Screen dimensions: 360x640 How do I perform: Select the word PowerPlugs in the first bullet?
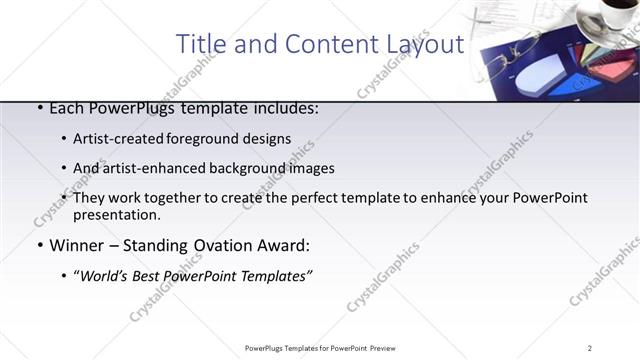pos(125,109)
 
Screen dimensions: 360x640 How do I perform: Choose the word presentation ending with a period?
pos(116,215)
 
